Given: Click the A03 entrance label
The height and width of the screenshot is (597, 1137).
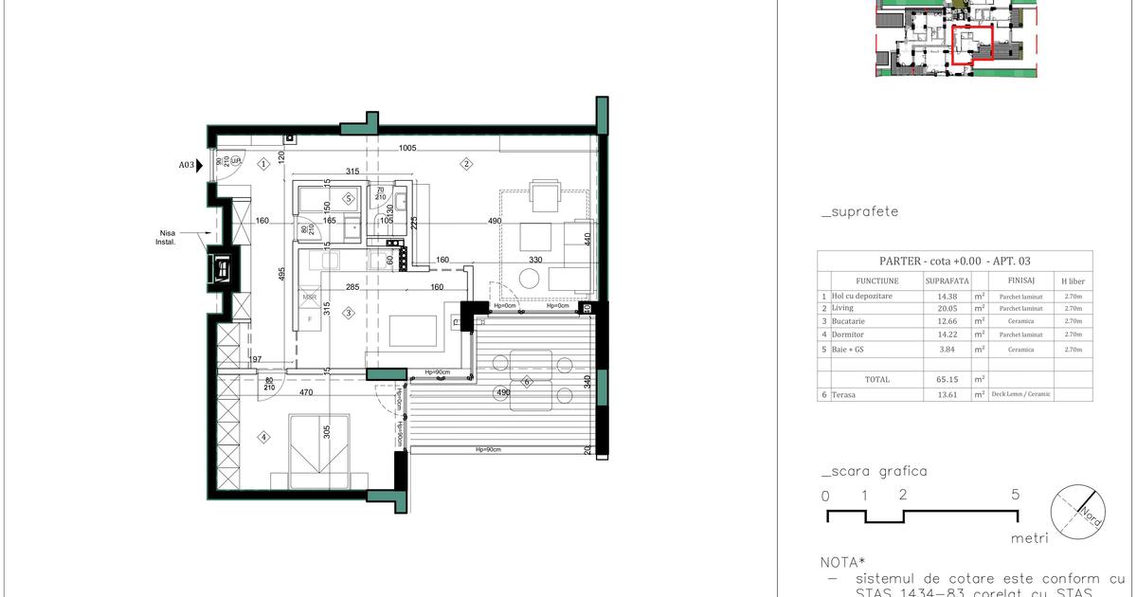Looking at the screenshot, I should (x=187, y=165).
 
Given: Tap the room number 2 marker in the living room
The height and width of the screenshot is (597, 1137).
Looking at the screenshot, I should (x=466, y=164).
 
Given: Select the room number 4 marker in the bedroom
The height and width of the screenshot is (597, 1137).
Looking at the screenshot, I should (x=264, y=437).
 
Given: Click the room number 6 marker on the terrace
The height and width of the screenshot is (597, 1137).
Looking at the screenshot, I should (x=527, y=382).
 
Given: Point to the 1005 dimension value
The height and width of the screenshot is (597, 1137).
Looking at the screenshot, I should (x=407, y=148).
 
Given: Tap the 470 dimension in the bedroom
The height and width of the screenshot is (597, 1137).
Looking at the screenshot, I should (x=307, y=391).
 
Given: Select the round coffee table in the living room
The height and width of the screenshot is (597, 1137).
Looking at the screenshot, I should (x=529, y=278).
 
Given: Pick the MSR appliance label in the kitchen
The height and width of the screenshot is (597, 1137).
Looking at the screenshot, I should (x=309, y=298).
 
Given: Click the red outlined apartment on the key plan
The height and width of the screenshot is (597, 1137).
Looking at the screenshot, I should (x=971, y=44).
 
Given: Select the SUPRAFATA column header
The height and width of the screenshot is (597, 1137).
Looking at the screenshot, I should (x=947, y=281).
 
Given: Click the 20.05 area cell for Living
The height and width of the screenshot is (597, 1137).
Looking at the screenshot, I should (x=947, y=308).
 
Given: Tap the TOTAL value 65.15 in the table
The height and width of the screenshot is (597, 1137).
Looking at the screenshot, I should (x=947, y=378).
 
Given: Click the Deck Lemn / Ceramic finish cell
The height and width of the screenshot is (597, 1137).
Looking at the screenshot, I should (x=1021, y=394).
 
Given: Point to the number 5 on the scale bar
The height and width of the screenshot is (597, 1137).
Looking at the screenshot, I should (x=1016, y=495).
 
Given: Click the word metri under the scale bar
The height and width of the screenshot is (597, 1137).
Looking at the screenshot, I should (x=1029, y=537).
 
